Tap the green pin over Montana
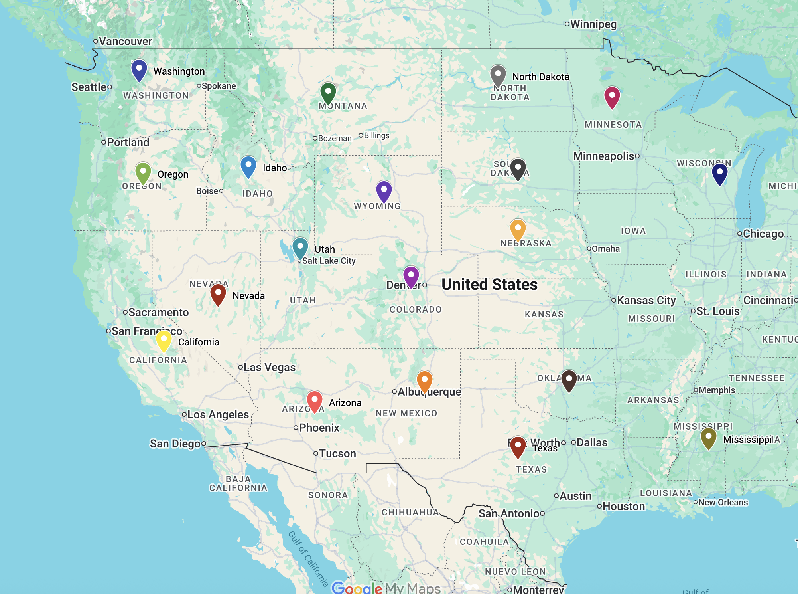(x=328, y=93)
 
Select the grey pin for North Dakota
(x=498, y=75)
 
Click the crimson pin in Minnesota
(x=612, y=97)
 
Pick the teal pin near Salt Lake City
(x=300, y=247)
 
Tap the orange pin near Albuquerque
(x=424, y=380)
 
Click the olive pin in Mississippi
(x=708, y=438)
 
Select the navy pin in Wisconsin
(x=719, y=174)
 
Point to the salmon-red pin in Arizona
(x=314, y=401)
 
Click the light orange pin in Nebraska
(x=518, y=229)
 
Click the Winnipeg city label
(x=593, y=24)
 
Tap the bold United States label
(x=489, y=285)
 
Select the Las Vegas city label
(x=269, y=367)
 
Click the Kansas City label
(x=646, y=300)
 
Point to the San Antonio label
(x=509, y=513)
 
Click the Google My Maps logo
(x=386, y=588)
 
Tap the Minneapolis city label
(x=604, y=156)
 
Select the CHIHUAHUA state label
(x=410, y=512)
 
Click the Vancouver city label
(x=125, y=41)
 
